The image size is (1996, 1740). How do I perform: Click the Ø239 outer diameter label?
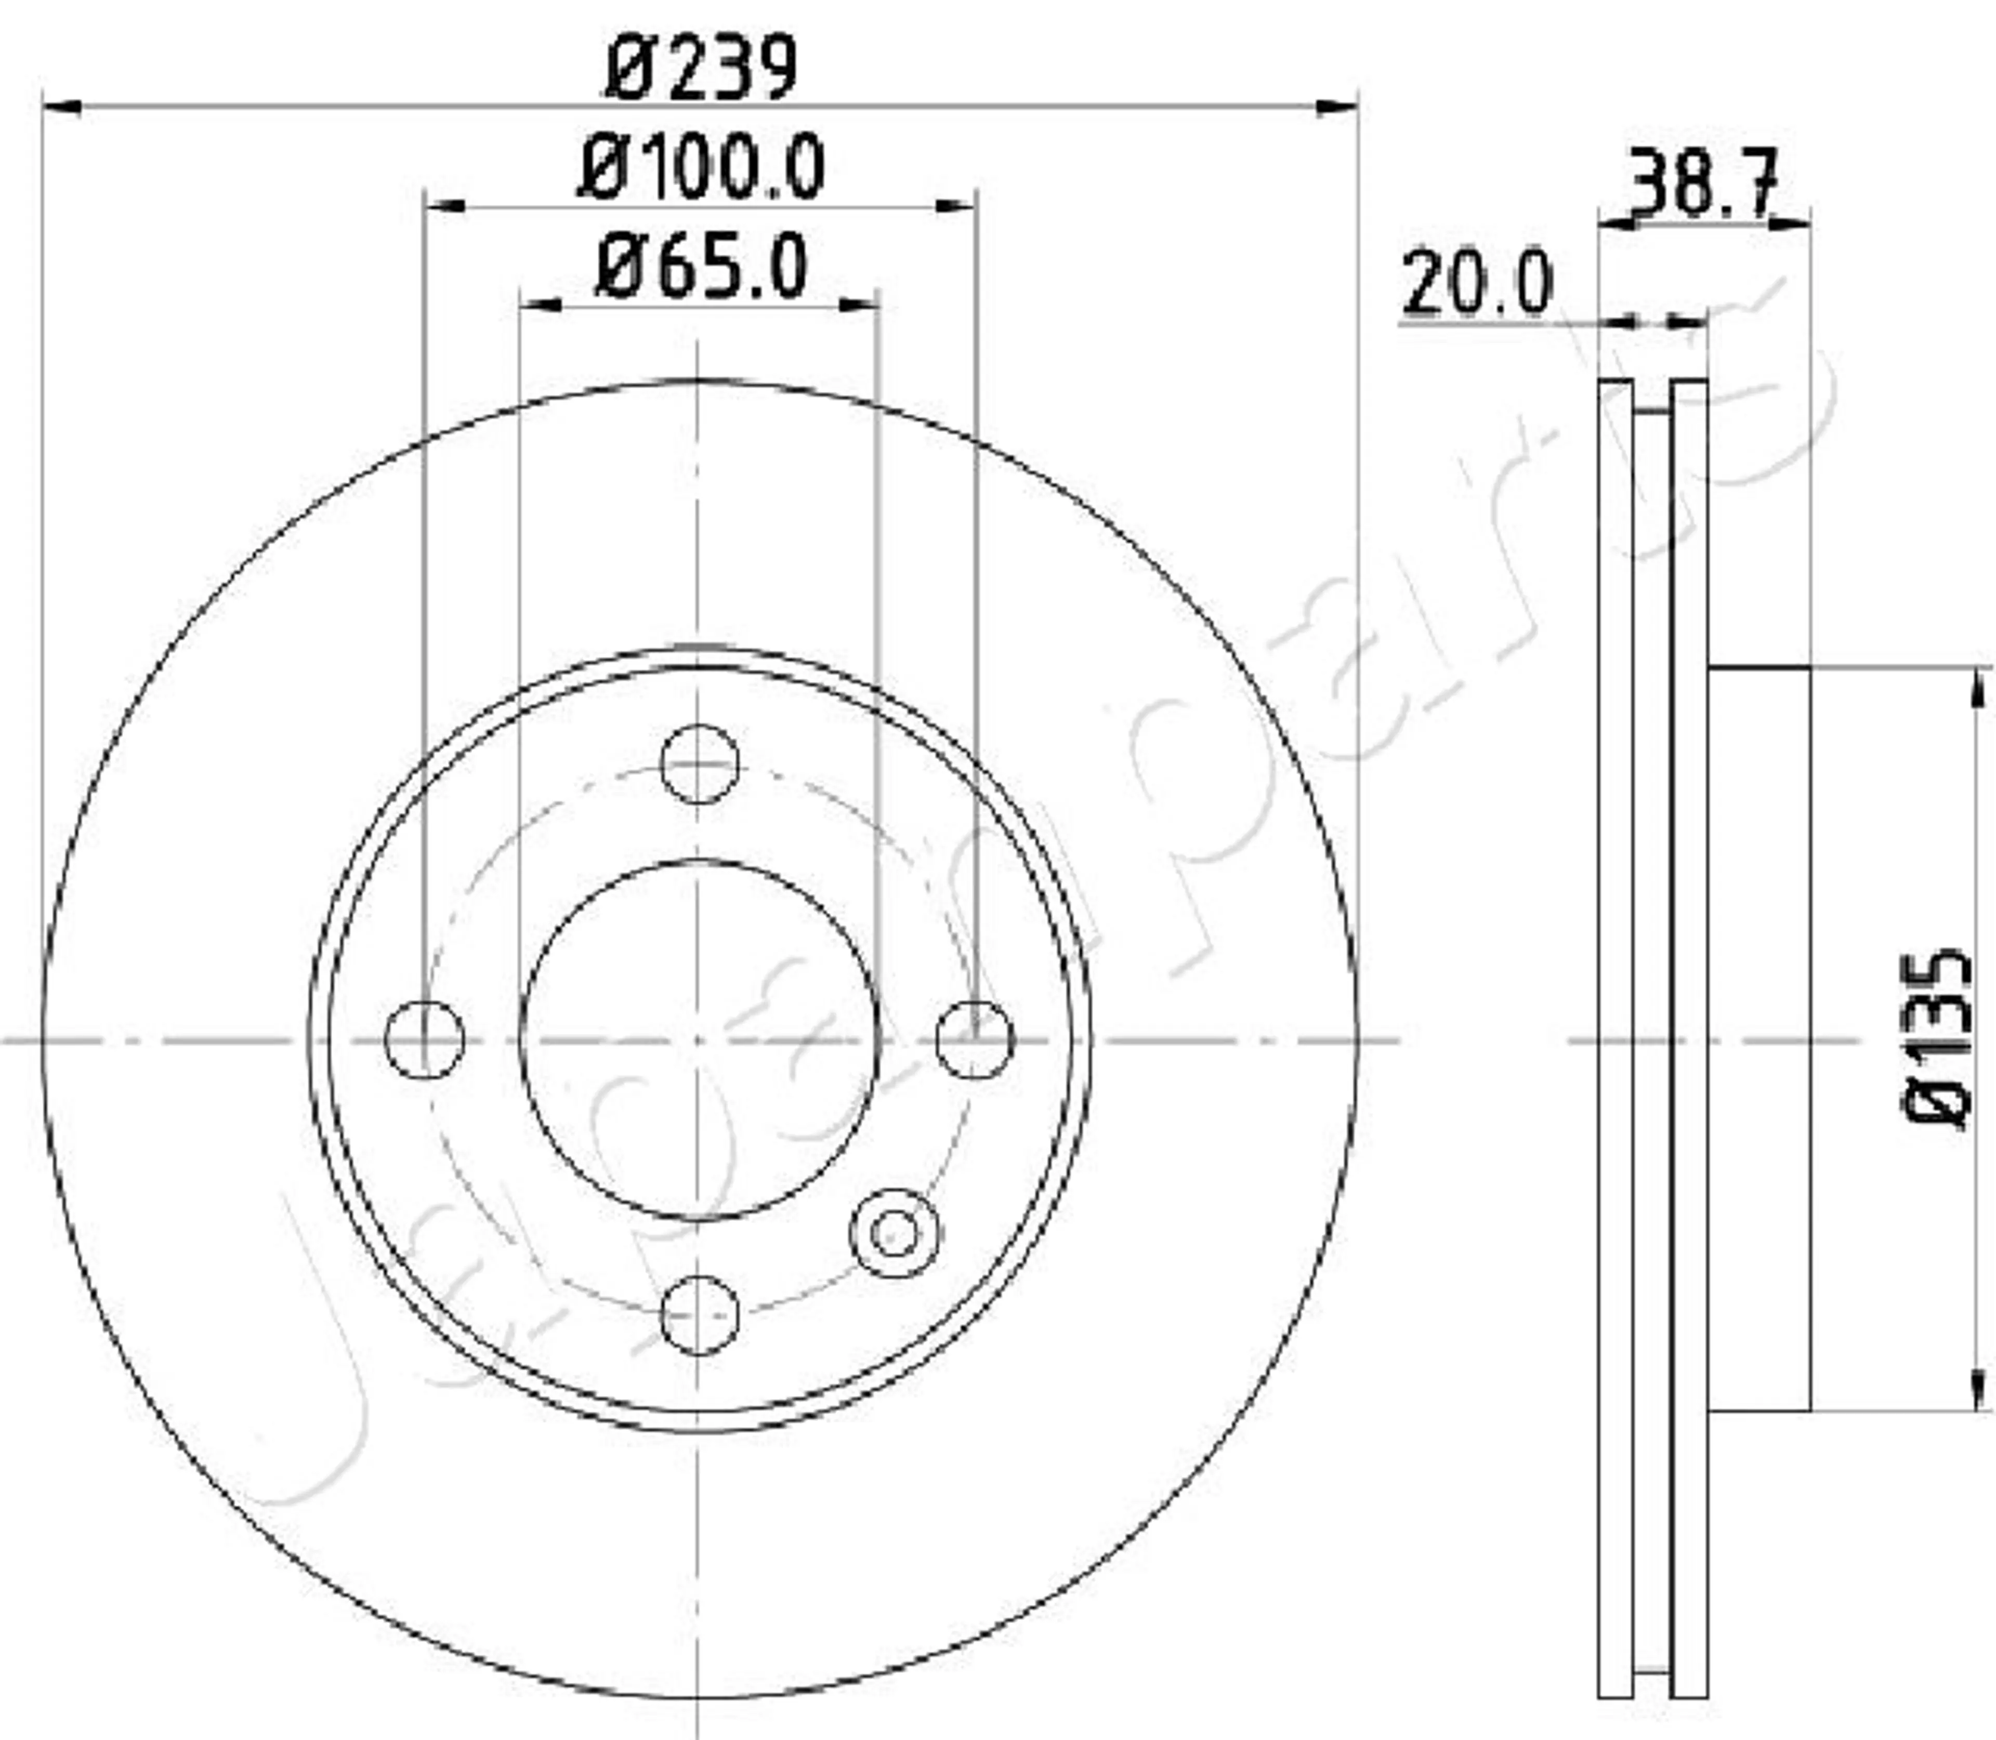point(701,68)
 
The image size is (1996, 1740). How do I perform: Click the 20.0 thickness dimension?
point(1476,284)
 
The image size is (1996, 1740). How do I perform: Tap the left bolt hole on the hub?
point(425,1039)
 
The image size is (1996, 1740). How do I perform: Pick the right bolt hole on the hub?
point(975,1039)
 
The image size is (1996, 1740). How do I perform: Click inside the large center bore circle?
point(699,1039)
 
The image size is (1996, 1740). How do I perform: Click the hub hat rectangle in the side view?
point(1758,1039)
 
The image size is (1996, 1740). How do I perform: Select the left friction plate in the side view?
point(1616,1039)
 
